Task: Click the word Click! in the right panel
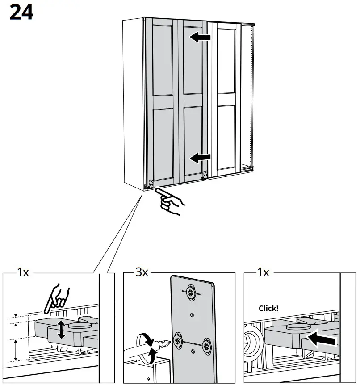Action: click(268, 308)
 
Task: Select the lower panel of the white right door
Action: click(226, 136)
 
